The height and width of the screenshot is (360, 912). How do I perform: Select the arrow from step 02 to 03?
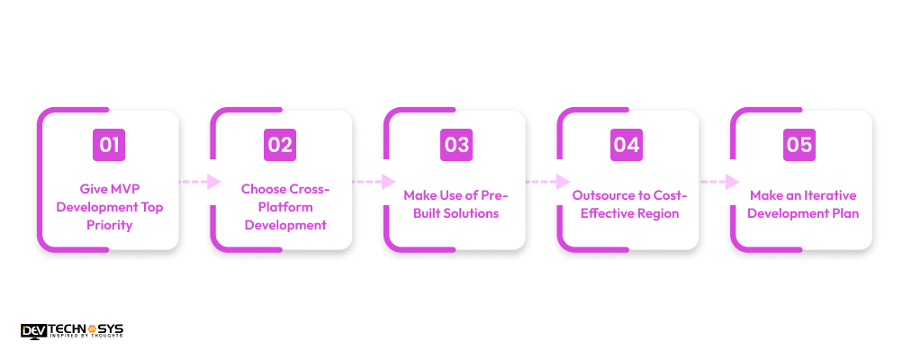tap(373, 181)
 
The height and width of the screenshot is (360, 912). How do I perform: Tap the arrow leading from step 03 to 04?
tap(546, 181)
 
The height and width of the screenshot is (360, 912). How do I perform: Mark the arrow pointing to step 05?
tap(718, 181)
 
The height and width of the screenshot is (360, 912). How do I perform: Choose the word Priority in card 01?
tap(108, 225)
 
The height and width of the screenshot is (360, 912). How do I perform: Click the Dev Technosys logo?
tap(72, 330)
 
